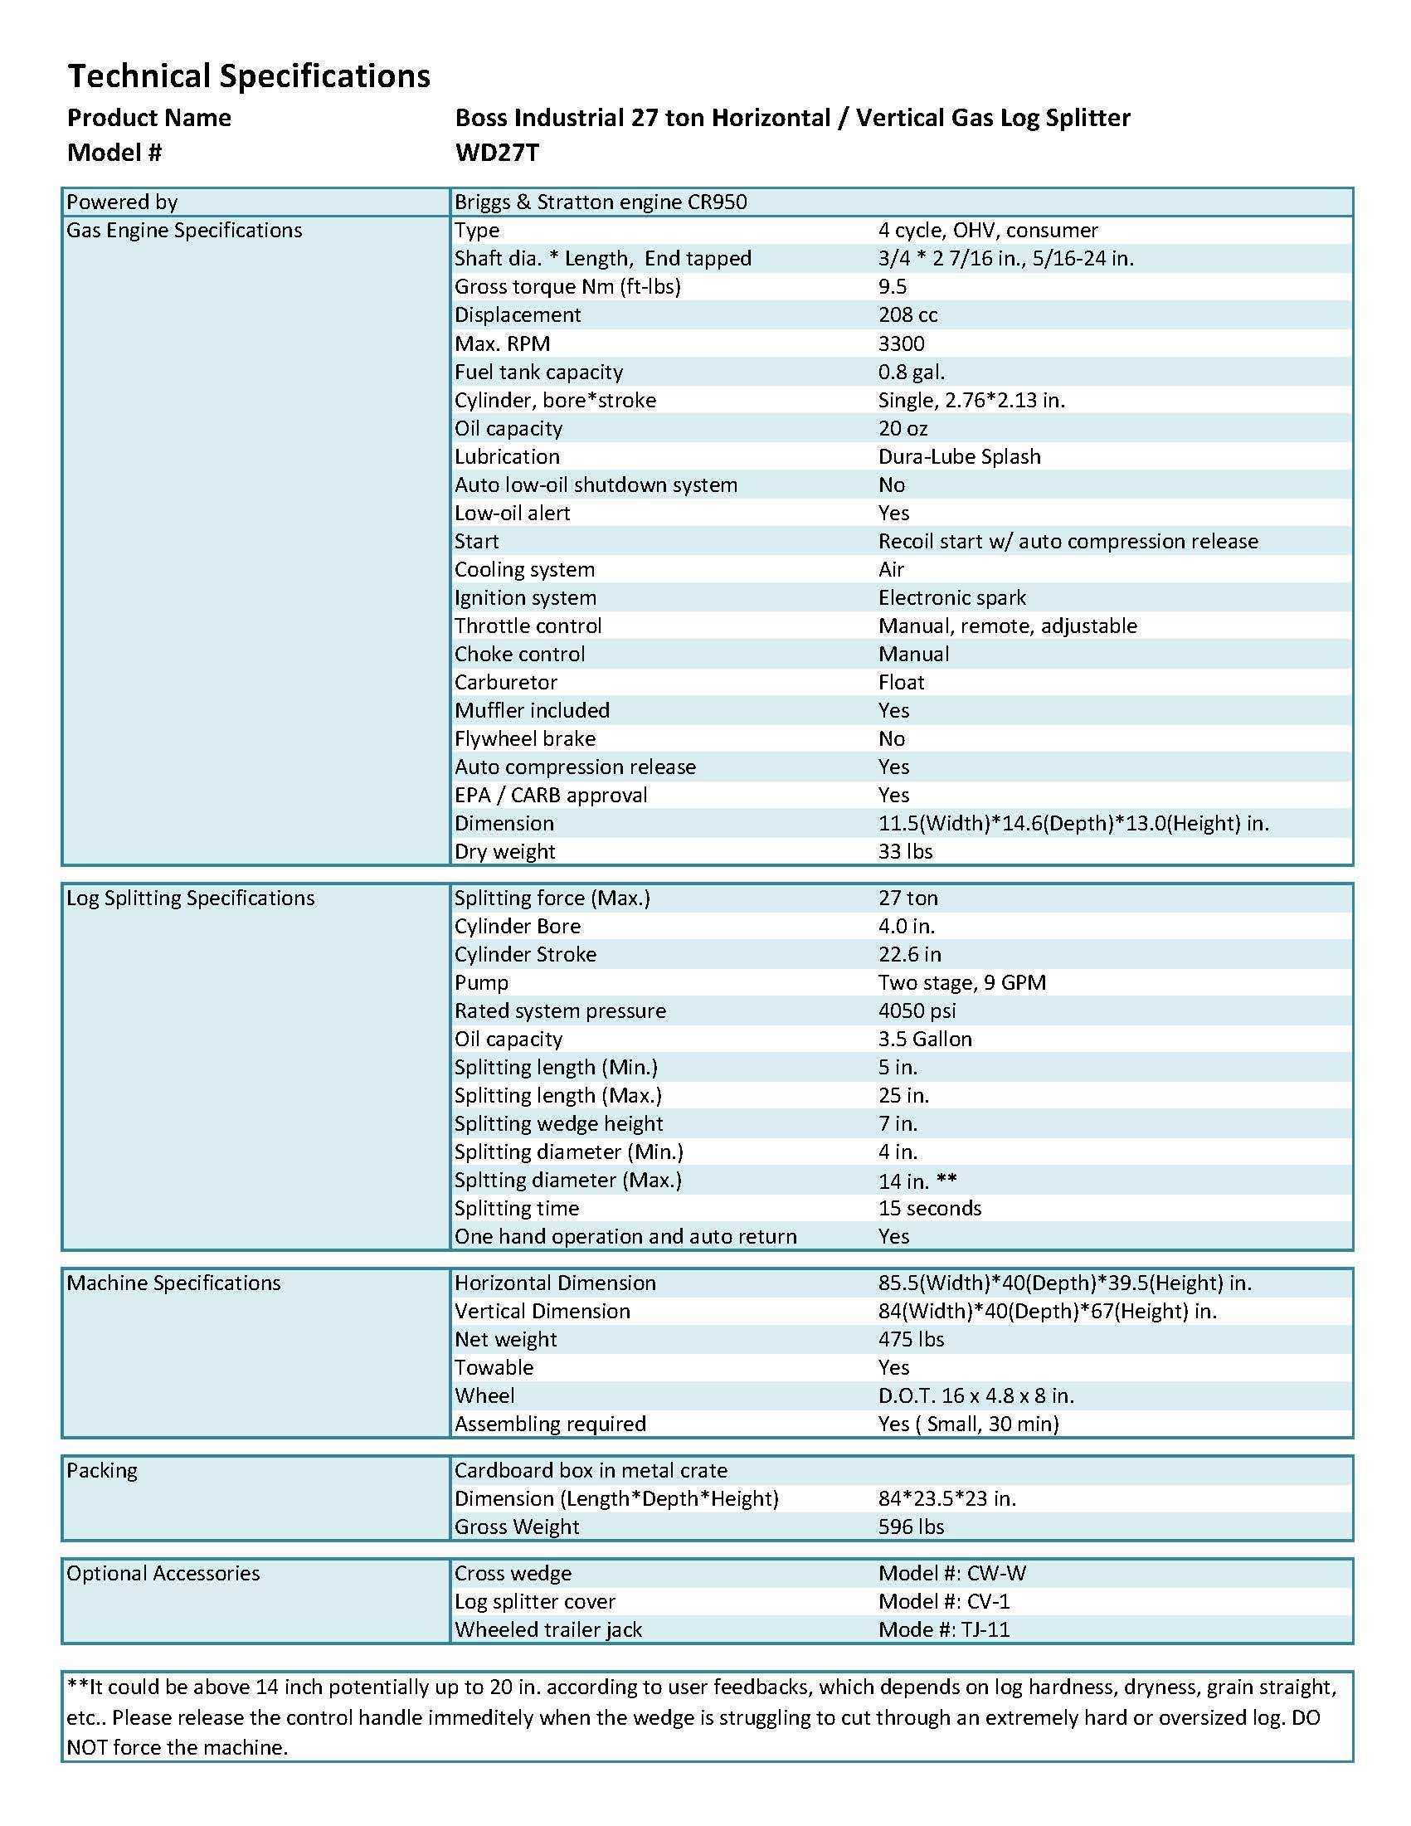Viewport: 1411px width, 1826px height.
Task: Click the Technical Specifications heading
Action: pyautogui.click(x=248, y=76)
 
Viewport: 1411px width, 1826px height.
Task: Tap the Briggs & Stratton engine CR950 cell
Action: pyautogui.click(x=601, y=202)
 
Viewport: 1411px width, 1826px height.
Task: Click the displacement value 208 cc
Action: pyautogui.click(x=907, y=315)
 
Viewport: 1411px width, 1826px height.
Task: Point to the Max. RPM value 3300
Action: pyautogui.click(x=901, y=343)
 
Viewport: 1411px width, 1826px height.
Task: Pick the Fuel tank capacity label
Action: pyautogui.click(x=538, y=372)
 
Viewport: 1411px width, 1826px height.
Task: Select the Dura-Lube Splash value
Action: pyautogui.click(x=959, y=456)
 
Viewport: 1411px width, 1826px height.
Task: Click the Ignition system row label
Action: pyautogui.click(x=525, y=598)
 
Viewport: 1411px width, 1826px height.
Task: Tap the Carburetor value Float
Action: pyautogui.click(x=901, y=682)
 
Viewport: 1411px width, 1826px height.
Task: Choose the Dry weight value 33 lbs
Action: pyautogui.click(x=905, y=851)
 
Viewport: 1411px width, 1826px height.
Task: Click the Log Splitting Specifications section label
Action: pyautogui.click(x=191, y=898)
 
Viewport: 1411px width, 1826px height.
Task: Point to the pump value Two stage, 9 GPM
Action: pyautogui.click(x=961, y=982)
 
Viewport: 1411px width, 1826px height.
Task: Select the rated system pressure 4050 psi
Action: pyautogui.click(x=916, y=1010)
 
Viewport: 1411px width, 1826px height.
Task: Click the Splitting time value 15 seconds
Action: pyautogui.click(x=930, y=1208)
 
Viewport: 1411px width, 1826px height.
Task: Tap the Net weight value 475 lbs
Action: pyautogui.click(x=910, y=1339)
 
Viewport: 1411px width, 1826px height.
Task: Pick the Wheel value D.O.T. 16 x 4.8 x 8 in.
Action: pyautogui.click(x=976, y=1395)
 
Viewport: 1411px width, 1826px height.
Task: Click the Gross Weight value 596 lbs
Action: pyautogui.click(x=910, y=1527)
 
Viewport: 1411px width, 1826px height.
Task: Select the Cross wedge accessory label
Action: pyautogui.click(x=513, y=1574)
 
